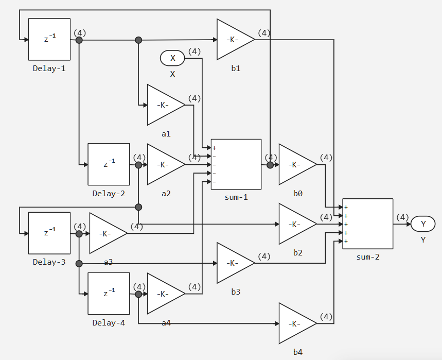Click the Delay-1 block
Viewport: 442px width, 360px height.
(x=49, y=39)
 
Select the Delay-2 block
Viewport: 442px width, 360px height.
(x=109, y=164)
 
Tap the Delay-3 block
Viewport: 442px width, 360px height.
(x=49, y=233)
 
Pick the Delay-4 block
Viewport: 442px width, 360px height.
(x=109, y=294)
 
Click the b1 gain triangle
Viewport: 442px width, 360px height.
(x=233, y=40)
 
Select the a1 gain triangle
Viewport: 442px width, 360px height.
(x=164, y=105)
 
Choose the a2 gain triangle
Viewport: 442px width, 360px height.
(x=164, y=165)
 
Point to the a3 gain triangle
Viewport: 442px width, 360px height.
(x=106, y=233)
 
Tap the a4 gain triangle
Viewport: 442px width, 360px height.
(x=164, y=294)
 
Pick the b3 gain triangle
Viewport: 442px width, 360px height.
(x=233, y=263)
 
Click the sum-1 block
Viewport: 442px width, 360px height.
(x=236, y=164)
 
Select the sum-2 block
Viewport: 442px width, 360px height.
(x=368, y=224)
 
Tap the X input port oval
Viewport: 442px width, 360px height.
(x=173, y=58)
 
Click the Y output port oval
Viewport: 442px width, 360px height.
(x=423, y=224)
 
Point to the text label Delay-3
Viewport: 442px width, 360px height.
(x=49, y=262)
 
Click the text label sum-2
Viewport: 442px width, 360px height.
(x=368, y=256)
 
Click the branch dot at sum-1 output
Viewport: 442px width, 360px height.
(x=270, y=165)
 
